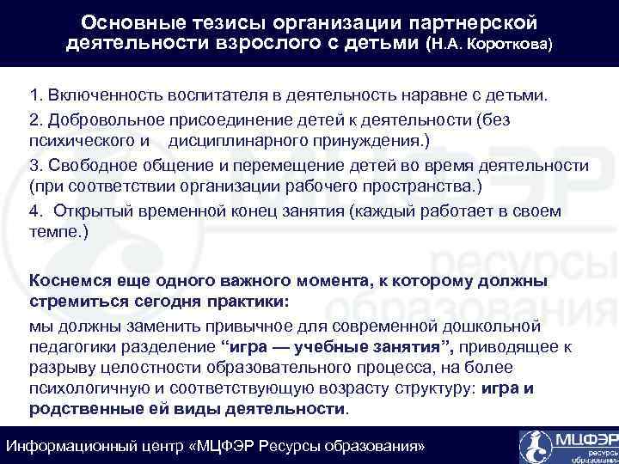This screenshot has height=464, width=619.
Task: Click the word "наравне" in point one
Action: pyautogui.click(x=428, y=92)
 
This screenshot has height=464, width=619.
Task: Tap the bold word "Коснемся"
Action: pyautogui.click(x=70, y=280)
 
